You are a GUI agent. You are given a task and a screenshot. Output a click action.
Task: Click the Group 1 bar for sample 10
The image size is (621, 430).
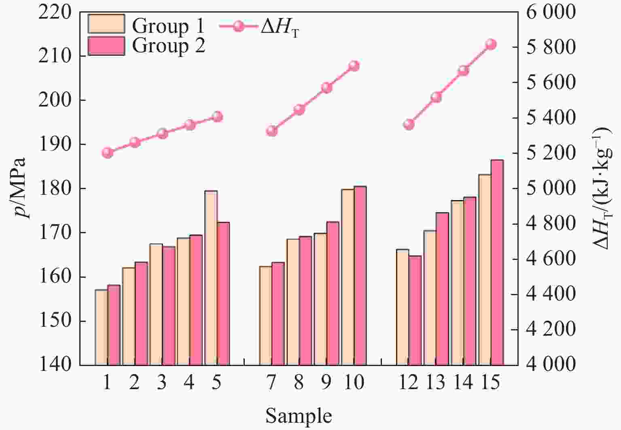(348, 277)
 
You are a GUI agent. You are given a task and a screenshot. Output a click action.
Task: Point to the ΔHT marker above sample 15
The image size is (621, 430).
(491, 44)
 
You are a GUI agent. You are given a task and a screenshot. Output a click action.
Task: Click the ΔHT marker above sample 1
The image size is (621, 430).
(107, 153)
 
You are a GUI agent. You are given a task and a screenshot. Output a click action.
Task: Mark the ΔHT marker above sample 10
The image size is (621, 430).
(354, 66)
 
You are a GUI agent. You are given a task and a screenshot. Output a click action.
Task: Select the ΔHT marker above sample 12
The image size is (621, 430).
(409, 124)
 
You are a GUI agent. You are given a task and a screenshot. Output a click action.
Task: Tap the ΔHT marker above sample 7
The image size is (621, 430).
(272, 131)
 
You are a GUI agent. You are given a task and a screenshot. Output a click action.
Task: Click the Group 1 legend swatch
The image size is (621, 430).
(106, 24)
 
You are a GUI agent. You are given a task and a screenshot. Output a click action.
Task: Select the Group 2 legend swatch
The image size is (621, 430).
(106, 46)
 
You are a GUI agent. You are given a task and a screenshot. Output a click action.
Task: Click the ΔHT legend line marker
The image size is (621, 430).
(239, 26)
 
